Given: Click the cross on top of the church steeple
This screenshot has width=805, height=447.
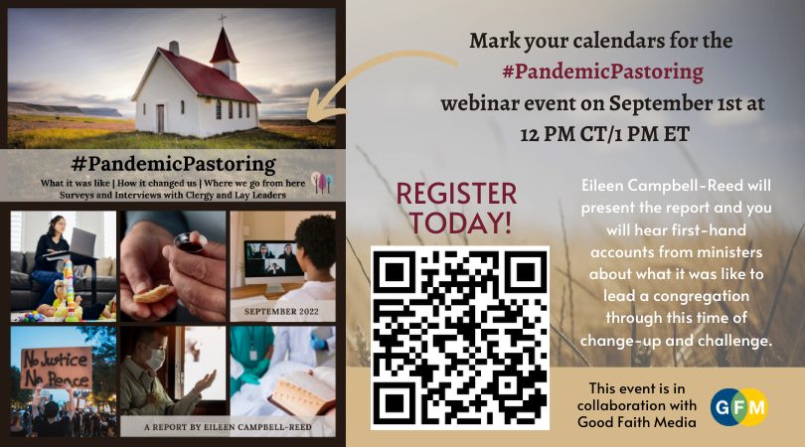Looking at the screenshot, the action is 223,20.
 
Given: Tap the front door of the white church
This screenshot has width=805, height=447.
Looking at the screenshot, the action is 161,118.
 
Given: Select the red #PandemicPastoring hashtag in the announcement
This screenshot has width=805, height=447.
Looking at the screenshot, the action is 602,72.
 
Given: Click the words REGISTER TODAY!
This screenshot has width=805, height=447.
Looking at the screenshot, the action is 456,208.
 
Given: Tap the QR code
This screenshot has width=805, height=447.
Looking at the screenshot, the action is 460,338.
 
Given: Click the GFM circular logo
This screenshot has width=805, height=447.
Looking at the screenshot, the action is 738,407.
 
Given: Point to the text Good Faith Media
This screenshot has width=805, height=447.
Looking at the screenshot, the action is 637,422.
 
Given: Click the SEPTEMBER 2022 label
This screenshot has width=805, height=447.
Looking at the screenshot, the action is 281,312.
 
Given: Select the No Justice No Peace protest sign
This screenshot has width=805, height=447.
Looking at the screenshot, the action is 56,368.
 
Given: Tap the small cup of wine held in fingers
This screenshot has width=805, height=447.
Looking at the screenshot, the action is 190,242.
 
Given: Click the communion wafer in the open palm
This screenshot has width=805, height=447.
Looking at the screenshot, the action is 153,294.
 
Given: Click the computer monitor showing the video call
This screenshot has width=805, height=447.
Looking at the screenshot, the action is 272,259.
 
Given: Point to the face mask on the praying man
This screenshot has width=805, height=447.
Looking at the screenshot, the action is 154,358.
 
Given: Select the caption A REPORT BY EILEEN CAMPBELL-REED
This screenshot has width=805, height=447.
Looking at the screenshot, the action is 228,426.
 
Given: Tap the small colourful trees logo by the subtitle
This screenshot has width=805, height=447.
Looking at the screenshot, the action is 321,182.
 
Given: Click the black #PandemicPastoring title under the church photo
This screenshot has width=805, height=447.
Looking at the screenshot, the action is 174,164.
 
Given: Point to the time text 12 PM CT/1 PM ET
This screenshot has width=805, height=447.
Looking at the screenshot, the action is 604,134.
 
